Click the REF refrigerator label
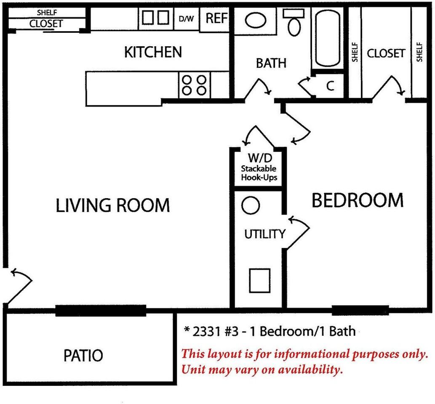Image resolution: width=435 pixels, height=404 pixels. tap(217, 18)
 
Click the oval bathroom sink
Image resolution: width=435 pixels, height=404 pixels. tap(256, 20)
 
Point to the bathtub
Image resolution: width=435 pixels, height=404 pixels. tap(328, 38)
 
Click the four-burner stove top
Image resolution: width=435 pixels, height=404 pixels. tap(195, 85)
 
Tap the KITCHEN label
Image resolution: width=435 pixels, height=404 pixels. tap(153, 52)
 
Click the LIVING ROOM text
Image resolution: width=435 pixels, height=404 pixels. tap(112, 205)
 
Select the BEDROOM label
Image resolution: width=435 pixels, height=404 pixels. tap(358, 200)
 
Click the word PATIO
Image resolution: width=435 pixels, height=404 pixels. tap(83, 356)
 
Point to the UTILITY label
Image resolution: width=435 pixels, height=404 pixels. tap(264, 234)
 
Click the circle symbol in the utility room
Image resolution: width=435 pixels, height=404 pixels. tap(251, 205)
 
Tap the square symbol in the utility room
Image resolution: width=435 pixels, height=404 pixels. tap(260, 281)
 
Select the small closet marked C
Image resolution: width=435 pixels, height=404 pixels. tap(330, 86)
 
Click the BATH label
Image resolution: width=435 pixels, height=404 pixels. tap(271, 63)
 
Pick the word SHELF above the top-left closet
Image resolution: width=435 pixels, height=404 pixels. tap(47, 13)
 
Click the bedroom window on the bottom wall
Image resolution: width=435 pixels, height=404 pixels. tap(360, 310)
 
